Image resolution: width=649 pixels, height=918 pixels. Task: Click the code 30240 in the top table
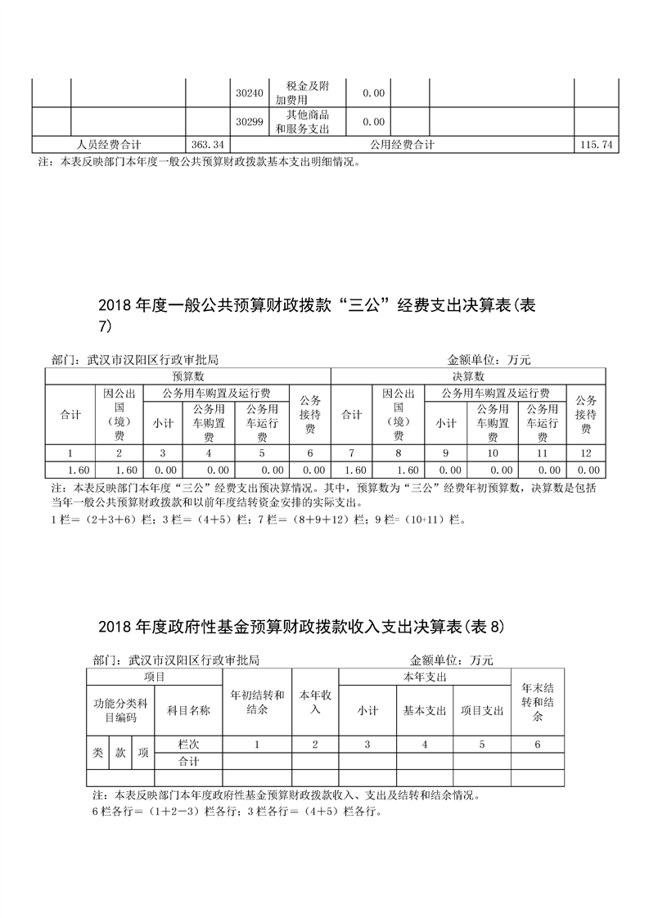249,93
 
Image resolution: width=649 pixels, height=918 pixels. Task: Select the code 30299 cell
249,122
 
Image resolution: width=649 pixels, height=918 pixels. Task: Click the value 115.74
595,144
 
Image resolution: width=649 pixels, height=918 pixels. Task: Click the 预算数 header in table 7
187,376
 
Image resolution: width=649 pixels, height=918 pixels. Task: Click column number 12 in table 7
586,452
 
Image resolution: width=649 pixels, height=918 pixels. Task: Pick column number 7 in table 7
352,452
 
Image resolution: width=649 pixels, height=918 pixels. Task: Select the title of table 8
302,628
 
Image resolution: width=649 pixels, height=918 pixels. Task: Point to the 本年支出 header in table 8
425,677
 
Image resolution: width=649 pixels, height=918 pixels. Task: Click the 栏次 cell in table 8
188,745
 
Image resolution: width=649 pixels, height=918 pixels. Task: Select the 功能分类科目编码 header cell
119,710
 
